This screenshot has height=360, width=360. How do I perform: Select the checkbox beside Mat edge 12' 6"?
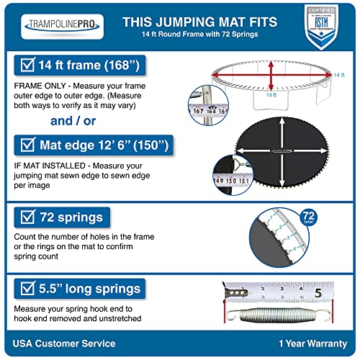click(23, 147)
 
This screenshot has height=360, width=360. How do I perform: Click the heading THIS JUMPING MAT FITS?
click(198, 22)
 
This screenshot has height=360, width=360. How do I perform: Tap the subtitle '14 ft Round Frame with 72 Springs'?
click(198, 36)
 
